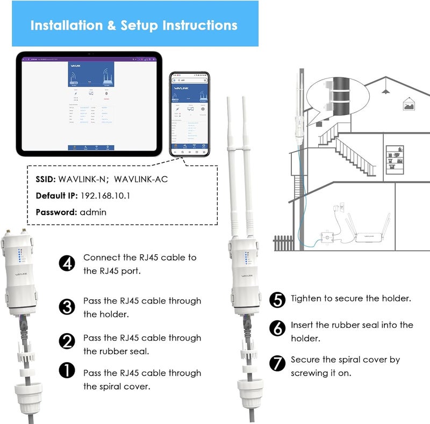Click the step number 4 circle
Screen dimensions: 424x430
coord(67,263)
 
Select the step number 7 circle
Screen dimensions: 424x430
coord(277,363)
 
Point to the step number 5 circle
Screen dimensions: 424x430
coord(277,300)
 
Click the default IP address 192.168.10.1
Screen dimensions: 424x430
coord(106,196)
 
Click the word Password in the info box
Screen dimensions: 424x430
coord(56,212)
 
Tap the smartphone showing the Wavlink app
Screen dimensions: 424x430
coord(185,114)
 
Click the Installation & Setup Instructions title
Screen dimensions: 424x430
coord(134,25)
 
